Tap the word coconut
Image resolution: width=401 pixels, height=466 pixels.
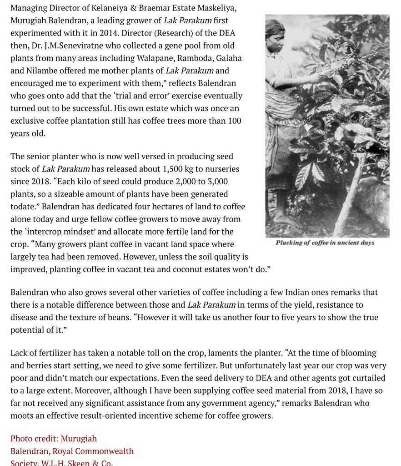pyautogui.click(x=180, y=269)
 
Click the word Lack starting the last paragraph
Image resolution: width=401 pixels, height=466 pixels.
pyautogui.click(x=20, y=353)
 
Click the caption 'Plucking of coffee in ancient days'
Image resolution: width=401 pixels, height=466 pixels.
pyautogui.click(x=325, y=243)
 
